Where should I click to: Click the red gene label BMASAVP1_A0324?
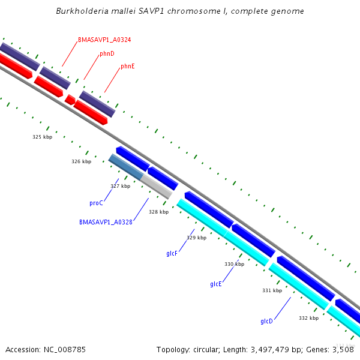(x=104, y=40)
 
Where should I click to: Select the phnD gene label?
(x=107, y=53)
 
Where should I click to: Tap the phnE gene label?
(x=127, y=66)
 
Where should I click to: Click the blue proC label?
(x=96, y=203)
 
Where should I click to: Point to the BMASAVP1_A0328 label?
(x=106, y=222)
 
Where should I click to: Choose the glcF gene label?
(x=172, y=254)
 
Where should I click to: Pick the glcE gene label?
(x=216, y=284)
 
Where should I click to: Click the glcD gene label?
(x=266, y=321)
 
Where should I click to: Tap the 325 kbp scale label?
(x=42, y=137)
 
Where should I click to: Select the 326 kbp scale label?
(x=81, y=161)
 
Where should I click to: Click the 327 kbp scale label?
(x=120, y=186)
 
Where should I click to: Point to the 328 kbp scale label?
(x=158, y=212)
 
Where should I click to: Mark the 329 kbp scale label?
(x=196, y=238)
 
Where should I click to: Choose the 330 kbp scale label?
(x=234, y=264)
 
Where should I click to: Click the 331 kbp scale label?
(x=272, y=290)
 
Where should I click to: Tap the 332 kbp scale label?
(x=308, y=318)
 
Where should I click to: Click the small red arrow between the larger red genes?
(x=70, y=100)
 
